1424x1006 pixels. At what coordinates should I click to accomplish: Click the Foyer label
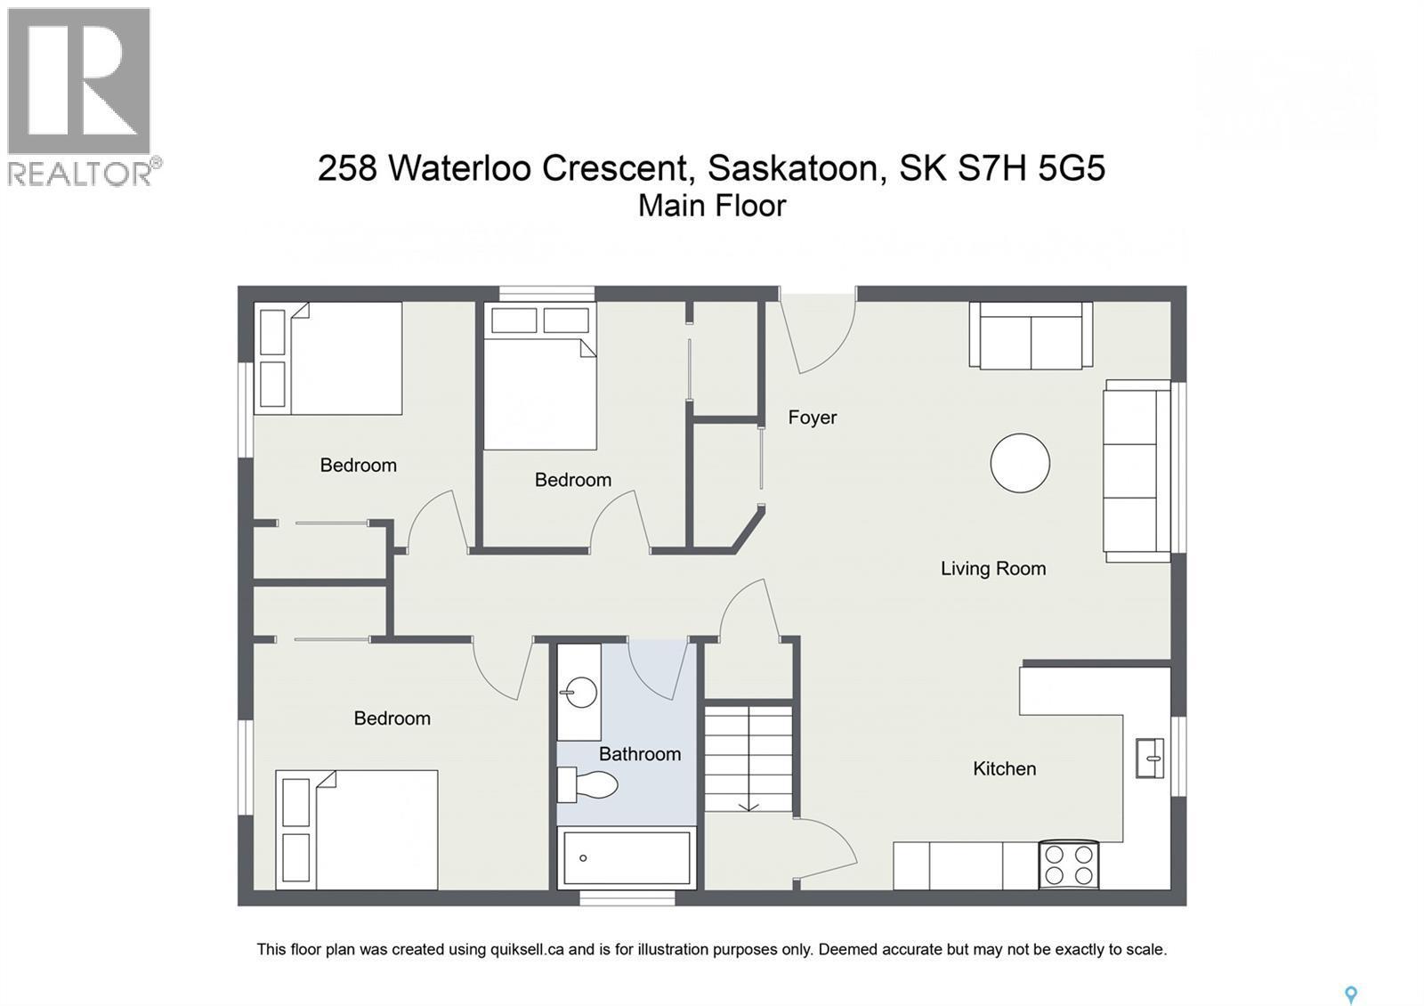[x=812, y=418]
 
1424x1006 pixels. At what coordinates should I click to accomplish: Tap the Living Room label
[x=992, y=568]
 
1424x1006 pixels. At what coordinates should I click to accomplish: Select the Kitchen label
[x=1004, y=768]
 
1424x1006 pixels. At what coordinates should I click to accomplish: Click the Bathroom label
[x=639, y=754]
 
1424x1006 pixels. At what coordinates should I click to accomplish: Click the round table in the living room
[x=1020, y=463]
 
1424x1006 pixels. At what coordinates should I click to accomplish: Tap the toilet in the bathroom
[x=590, y=785]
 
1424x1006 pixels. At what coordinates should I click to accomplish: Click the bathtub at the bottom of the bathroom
[x=626, y=858]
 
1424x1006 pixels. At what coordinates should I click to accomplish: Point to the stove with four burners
[x=1068, y=864]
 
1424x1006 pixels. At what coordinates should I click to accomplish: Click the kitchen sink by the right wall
[x=1150, y=759]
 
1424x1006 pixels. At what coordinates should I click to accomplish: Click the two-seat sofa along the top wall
[x=1031, y=337]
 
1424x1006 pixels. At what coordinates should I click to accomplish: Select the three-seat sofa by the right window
[x=1137, y=471]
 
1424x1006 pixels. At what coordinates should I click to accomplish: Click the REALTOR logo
[x=80, y=96]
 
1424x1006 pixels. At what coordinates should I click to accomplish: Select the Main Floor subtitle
[x=712, y=206]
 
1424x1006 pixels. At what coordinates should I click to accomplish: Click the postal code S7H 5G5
[x=1031, y=167]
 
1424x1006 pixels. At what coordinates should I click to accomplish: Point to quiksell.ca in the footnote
[x=526, y=950]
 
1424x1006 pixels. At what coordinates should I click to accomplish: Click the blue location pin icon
[x=1350, y=994]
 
